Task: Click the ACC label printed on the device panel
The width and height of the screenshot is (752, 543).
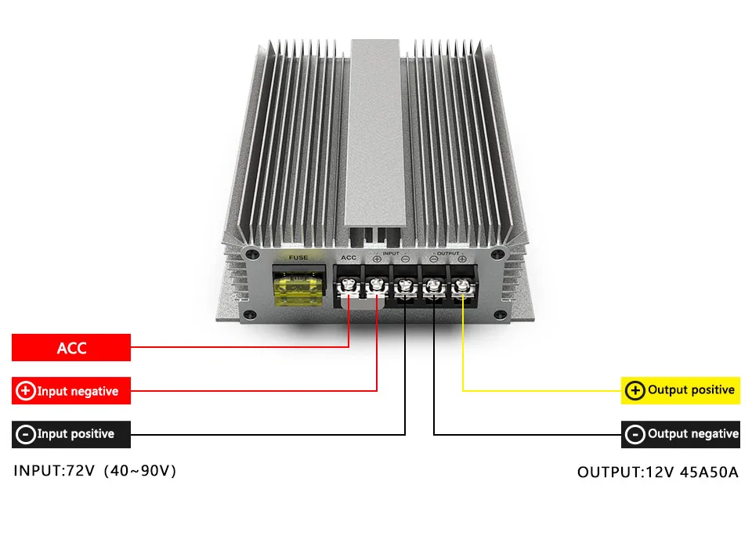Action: point(349,257)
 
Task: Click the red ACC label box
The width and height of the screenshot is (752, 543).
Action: point(71,348)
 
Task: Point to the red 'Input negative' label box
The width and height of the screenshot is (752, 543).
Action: point(71,390)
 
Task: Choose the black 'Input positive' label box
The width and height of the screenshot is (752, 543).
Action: point(71,433)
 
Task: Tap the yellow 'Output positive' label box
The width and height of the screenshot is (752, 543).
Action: point(681,389)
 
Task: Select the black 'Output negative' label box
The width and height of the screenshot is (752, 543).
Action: point(681,433)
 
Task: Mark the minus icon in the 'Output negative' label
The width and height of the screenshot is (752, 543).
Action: point(635,434)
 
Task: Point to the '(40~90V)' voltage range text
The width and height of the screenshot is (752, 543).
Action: point(141,472)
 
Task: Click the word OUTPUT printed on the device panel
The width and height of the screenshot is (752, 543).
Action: point(448,253)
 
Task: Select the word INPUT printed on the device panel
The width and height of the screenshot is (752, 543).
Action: point(391,253)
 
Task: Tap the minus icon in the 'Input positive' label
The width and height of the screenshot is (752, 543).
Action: point(25,434)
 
